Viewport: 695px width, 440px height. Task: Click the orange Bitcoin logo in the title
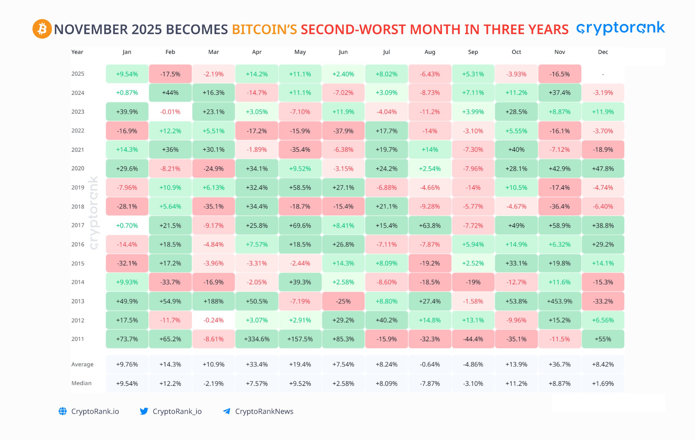pyautogui.click(x=42, y=29)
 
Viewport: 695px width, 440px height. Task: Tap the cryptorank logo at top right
pyautogui.click(x=621, y=28)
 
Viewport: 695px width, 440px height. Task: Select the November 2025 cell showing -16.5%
pyautogui.click(x=559, y=74)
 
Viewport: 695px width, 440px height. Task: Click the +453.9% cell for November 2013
pyautogui.click(x=559, y=301)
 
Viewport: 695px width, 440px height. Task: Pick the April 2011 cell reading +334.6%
pyautogui.click(x=257, y=339)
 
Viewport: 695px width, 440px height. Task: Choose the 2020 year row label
pyautogui.click(x=78, y=168)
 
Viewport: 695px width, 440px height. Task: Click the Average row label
pyautogui.click(x=82, y=364)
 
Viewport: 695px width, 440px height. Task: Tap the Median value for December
pyautogui.click(x=603, y=383)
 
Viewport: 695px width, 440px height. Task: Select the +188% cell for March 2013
pyautogui.click(x=213, y=301)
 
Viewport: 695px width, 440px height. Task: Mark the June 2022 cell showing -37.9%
pyautogui.click(x=343, y=131)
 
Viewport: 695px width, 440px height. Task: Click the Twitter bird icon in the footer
pyautogui.click(x=144, y=411)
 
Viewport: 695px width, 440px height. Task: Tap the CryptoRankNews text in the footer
pyautogui.click(x=264, y=411)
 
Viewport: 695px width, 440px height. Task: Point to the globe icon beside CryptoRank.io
pyautogui.click(x=63, y=411)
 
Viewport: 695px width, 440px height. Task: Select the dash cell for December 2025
pyautogui.click(x=603, y=74)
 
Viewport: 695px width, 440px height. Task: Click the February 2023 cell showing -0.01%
pyautogui.click(x=170, y=112)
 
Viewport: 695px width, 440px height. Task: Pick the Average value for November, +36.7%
pyautogui.click(x=559, y=364)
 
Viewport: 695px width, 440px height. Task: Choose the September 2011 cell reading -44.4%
pyautogui.click(x=473, y=339)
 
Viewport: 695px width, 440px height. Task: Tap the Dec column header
pyautogui.click(x=603, y=52)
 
